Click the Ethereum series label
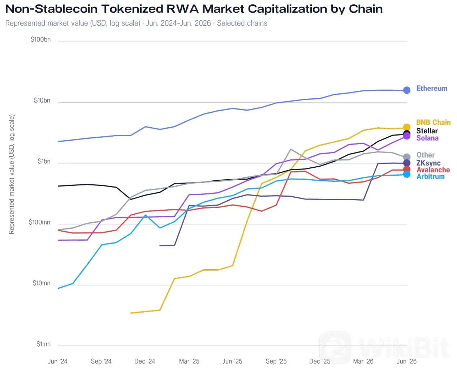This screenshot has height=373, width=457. point(432,88)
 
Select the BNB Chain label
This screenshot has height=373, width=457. point(433,122)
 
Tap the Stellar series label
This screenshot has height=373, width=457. point(427,131)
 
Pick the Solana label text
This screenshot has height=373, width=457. point(427,138)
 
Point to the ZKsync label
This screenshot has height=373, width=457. point(428,163)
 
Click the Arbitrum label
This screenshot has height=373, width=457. point(430,176)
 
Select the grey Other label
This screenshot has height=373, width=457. point(425,155)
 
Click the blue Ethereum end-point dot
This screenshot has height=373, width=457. point(406,90)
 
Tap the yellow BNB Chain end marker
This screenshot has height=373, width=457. point(406,127)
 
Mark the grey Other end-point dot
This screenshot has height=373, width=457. point(406,157)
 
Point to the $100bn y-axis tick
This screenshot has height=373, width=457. point(40,39)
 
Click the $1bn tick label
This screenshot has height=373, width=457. point(44,161)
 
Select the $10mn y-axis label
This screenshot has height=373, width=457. point(42,283)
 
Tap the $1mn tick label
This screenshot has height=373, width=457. point(43,344)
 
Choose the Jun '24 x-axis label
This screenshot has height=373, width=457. point(58,361)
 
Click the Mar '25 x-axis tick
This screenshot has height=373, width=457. point(189,361)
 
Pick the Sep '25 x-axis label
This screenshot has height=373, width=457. point(276,361)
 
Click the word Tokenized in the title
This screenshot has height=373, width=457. point(132,9)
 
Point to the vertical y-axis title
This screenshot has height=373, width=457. point(12,174)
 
